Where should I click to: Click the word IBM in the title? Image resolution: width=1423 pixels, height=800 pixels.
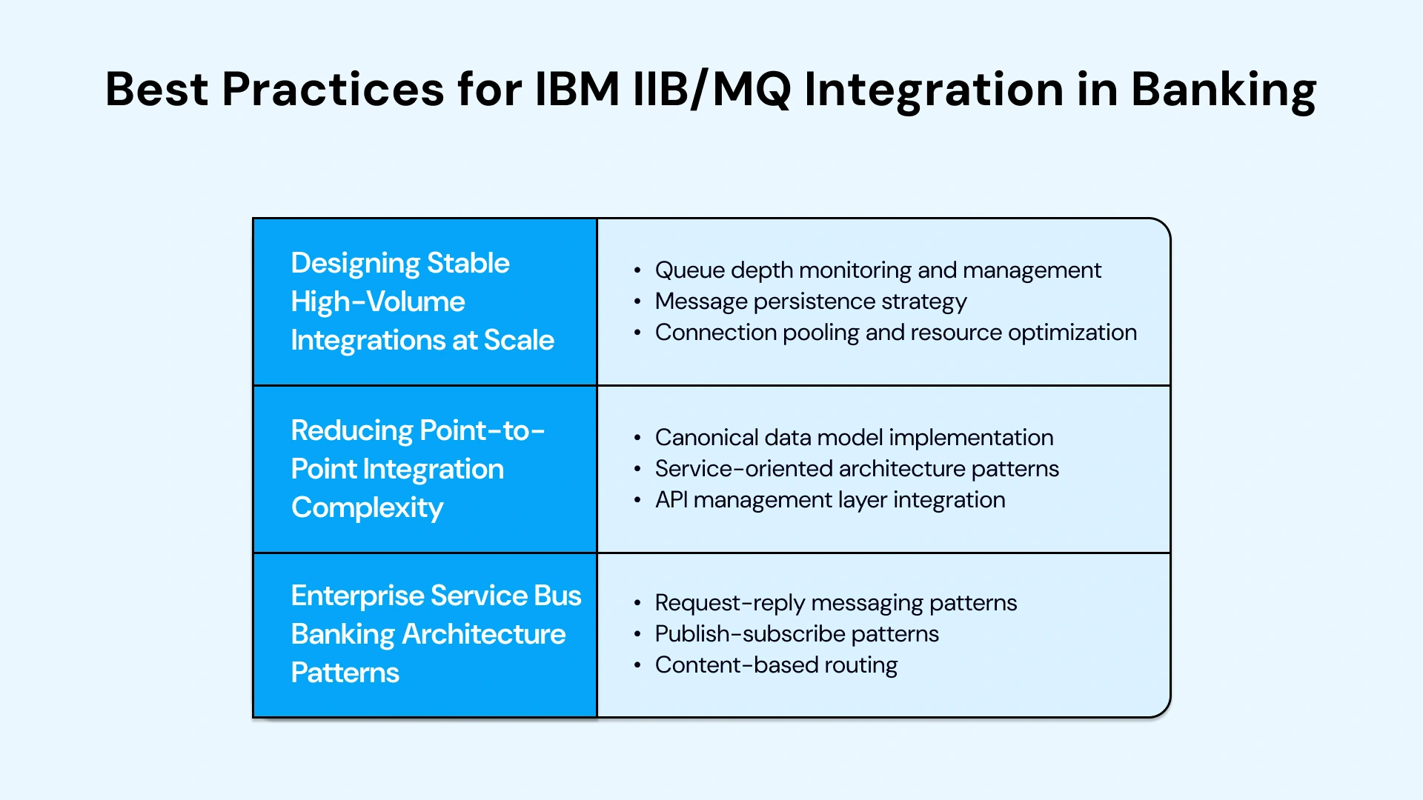click(x=577, y=89)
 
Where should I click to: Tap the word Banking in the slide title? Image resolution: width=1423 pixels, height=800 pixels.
click(x=1223, y=90)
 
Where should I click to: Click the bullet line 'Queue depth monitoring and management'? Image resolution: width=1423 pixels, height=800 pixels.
click(x=878, y=270)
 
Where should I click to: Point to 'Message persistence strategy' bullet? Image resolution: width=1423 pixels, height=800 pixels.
click(x=811, y=301)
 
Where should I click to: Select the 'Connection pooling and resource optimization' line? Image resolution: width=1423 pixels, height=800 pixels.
click(x=895, y=333)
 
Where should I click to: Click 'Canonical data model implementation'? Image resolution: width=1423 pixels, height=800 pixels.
click(x=854, y=438)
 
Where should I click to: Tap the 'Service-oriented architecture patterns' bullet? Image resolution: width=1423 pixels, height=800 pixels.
click(x=857, y=469)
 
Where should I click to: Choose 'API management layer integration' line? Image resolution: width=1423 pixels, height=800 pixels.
click(x=830, y=500)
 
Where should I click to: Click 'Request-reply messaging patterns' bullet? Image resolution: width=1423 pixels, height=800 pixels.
click(x=835, y=603)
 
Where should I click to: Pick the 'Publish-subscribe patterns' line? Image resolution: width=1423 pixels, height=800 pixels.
click(x=797, y=634)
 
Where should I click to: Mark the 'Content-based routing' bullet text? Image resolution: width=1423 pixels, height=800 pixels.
click(x=776, y=665)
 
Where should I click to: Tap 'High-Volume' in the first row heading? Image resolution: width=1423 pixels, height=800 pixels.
click(x=377, y=302)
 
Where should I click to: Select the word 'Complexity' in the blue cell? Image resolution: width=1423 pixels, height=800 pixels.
click(x=367, y=508)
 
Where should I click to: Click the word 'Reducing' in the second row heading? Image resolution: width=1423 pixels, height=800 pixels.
click(x=351, y=430)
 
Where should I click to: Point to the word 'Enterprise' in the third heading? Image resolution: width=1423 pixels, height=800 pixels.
click(x=356, y=596)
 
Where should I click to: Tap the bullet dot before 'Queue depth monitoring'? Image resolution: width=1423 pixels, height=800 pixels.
click(x=637, y=271)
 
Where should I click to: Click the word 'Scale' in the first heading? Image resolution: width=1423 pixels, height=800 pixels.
click(x=519, y=341)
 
